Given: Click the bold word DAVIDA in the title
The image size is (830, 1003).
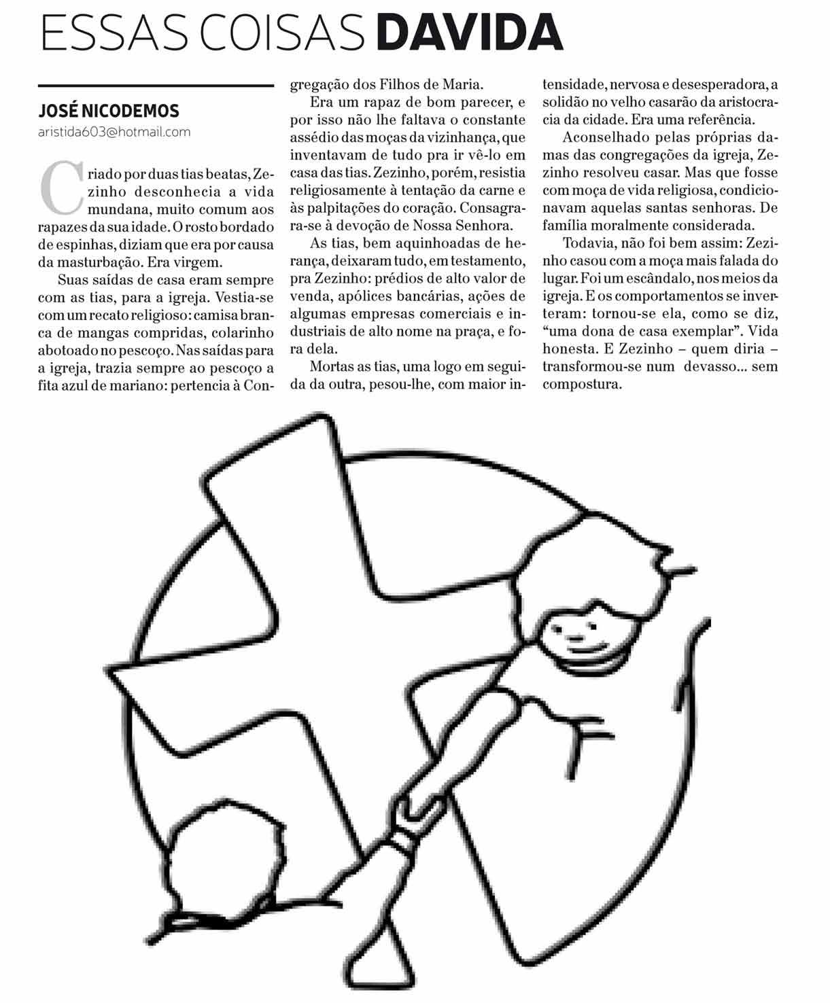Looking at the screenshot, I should (470, 32).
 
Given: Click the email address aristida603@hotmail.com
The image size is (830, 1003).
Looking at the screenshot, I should (114, 132).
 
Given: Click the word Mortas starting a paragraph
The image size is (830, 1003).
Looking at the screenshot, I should (332, 367).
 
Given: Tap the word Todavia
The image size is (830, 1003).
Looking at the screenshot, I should (588, 243).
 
